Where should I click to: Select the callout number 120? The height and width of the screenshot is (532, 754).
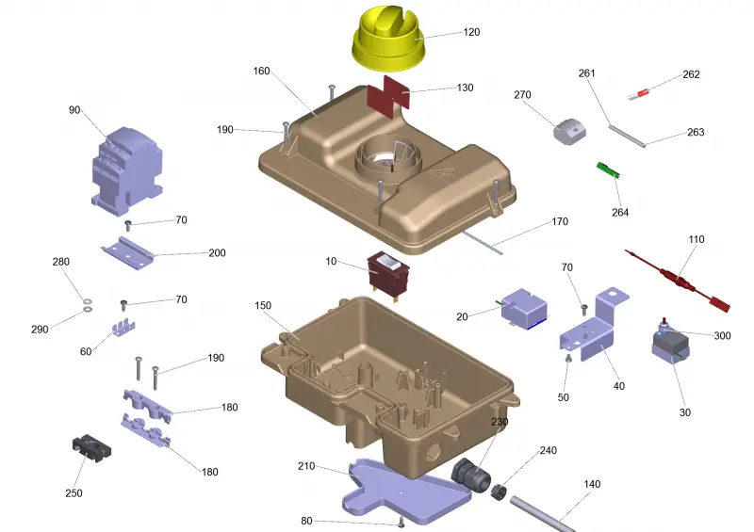pyautogui.click(x=471, y=32)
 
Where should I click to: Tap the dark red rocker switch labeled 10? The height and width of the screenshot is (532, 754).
pyautogui.click(x=388, y=274)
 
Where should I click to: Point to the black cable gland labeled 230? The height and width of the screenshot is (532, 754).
pyautogui.click(x=470, y=474)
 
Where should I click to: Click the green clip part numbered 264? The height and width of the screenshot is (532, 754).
pyautogui.click(x=608, y=170)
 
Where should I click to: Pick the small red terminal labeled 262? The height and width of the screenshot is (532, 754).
pyautogui.click(x=640, y=94)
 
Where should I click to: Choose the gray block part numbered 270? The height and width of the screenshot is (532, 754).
pyautogui.click(x=569, y=130)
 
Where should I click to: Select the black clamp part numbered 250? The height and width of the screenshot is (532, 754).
pyautogui.click(x=91, y=448)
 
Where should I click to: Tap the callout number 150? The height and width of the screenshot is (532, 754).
pyautogui.click(x=263, y=305)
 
